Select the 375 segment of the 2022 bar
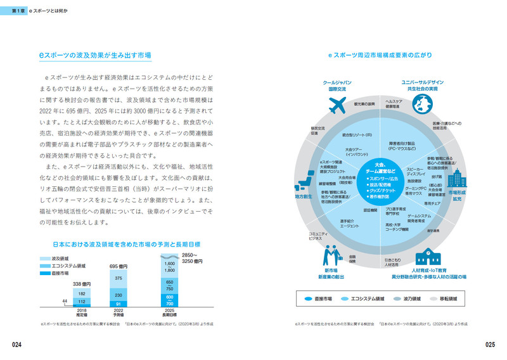pyautogui.click(x=119, y=278)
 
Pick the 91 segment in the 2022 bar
pyautogui.click(x=119, y=304)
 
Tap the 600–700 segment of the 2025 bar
pyautogui.click(x=169, y=300)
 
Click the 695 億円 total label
pyautogui.click(x=119, y=266)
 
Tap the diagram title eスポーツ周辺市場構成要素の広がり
pyautogui.click(x=380, y=55)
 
